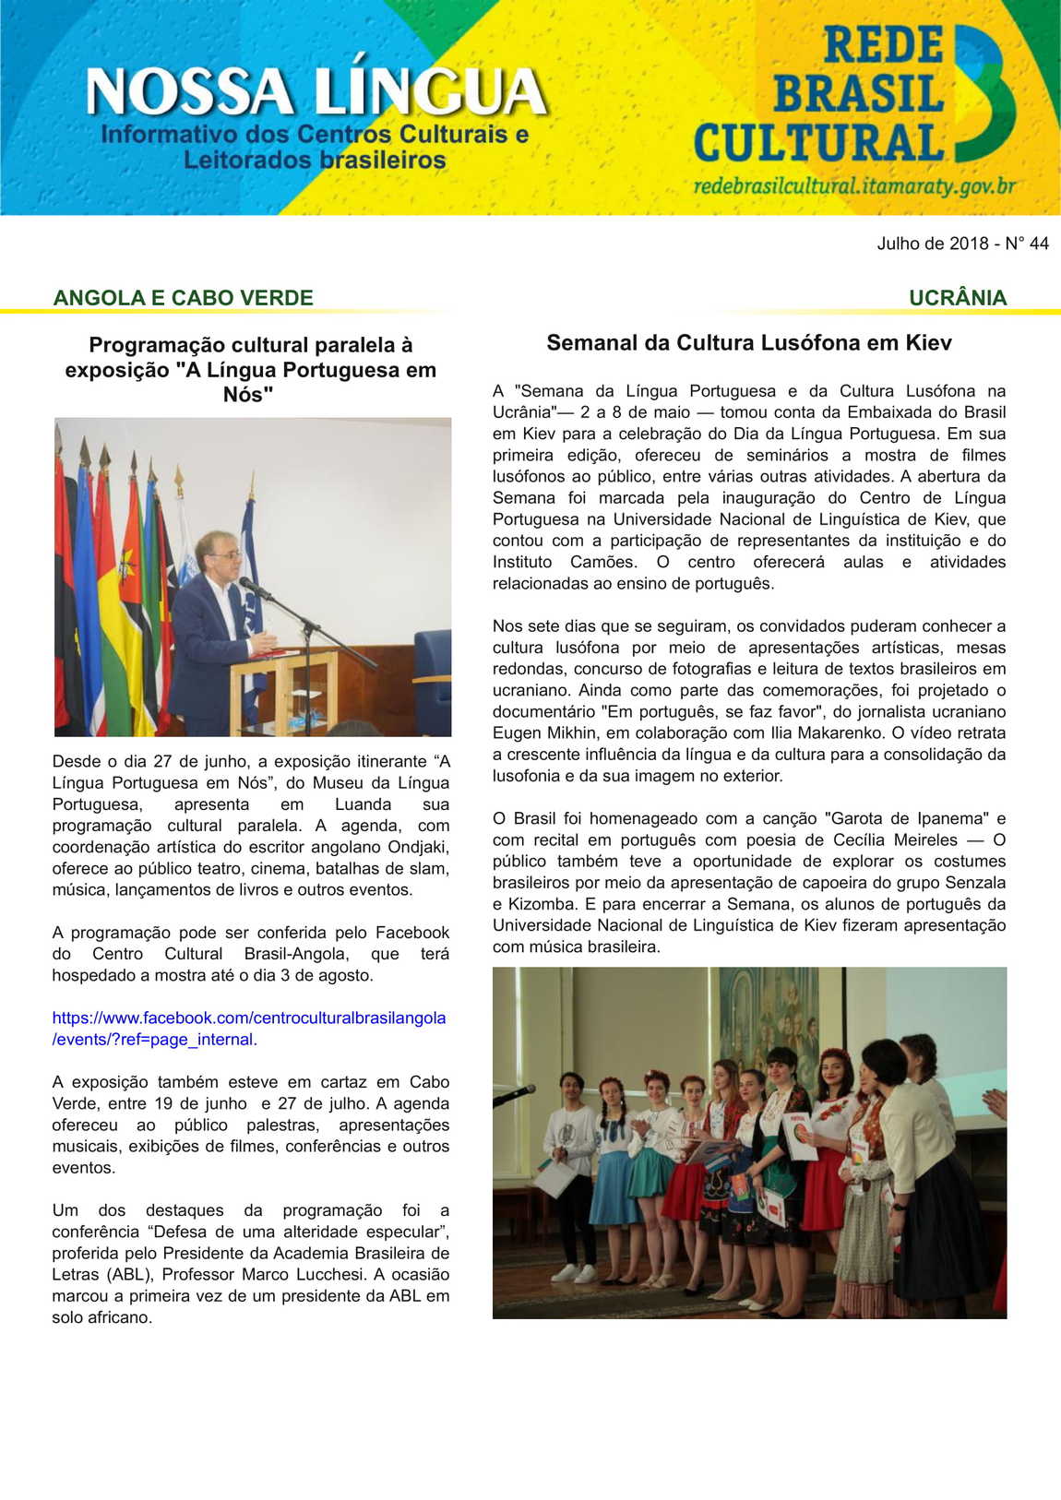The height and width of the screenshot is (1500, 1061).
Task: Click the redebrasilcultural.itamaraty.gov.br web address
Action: coord(854,186)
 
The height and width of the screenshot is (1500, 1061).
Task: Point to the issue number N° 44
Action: coord(1027,244)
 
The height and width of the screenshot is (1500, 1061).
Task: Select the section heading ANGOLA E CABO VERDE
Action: coord(183,298)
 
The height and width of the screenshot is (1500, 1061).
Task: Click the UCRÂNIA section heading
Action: coord(957,298)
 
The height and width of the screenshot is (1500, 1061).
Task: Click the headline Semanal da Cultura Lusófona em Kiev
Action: coord(748,343)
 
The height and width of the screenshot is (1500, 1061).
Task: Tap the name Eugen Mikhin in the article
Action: coord(533,733)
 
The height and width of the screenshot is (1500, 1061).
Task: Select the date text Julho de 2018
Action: coord(932,244)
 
